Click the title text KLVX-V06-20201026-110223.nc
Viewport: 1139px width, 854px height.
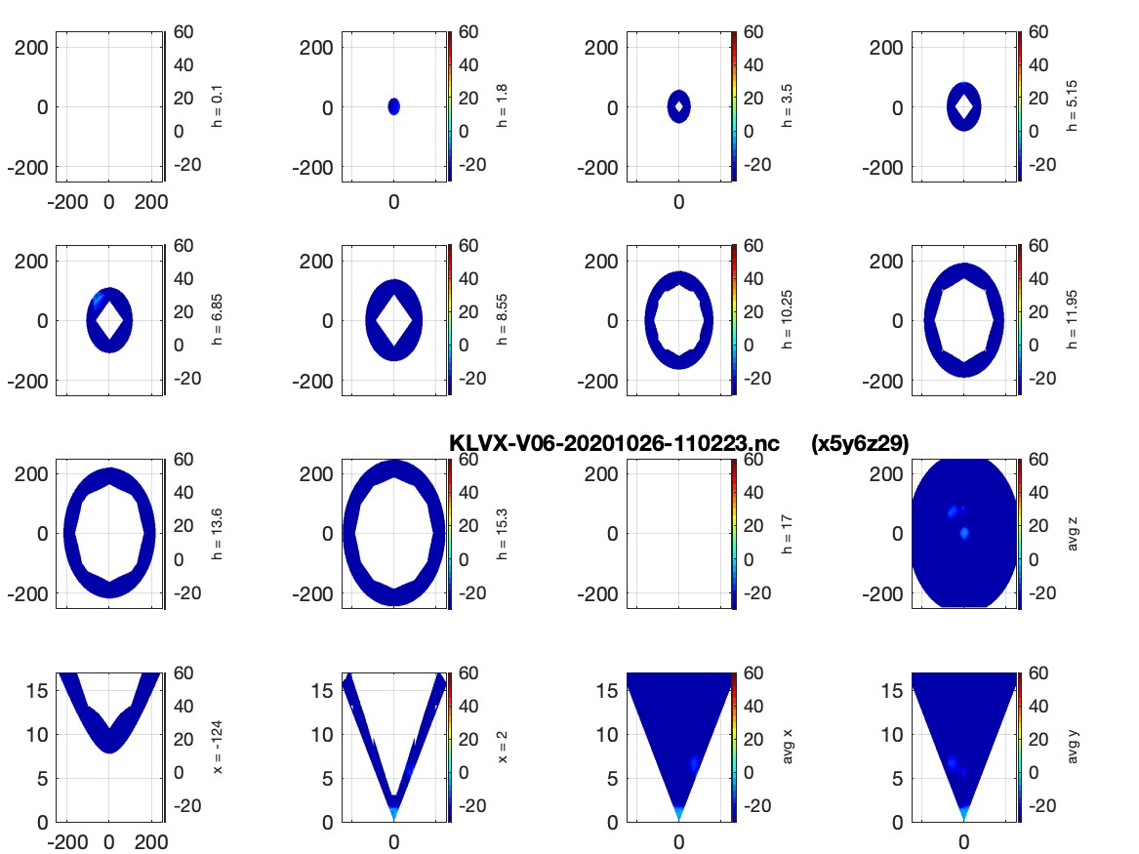click(614, 443)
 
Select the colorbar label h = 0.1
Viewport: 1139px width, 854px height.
click(218, 106)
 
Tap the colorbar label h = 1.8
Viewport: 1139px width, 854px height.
click(502, 106)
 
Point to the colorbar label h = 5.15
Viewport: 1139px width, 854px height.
click(1073, 106)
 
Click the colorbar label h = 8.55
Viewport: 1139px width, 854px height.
click(502, 319)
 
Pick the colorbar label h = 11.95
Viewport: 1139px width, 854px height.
click(1073, 319)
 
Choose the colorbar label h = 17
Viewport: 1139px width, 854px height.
click(787, 534)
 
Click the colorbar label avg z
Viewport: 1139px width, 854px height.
click(1073, 534)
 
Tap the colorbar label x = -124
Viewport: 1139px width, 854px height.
click(218, 748)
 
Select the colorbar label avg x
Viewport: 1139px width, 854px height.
click(787, 748)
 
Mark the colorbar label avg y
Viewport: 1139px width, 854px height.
click(1073, 748)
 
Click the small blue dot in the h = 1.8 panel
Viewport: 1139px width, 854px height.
click(393, 106)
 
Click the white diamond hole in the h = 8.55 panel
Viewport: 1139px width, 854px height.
click(393, 320)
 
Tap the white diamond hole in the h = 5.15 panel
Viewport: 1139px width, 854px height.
click(964, 106)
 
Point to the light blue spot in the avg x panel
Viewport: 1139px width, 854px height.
click(695, 764)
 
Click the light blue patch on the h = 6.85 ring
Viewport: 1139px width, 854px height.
click(98, 300)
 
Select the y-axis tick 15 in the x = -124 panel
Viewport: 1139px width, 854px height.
click(37, 690)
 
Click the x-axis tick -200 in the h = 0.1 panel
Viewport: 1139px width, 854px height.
click(67, 202)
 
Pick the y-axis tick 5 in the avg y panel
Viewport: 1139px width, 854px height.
click(898, 779)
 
